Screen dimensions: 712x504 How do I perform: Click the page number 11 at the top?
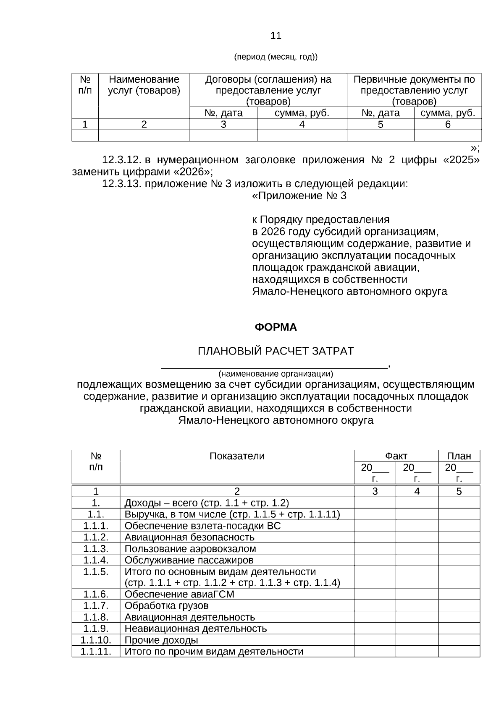coord(276,36)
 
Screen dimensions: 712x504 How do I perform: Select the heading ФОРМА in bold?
coord(276,327)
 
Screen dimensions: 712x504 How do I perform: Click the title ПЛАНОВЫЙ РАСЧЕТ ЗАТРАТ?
coord(276,351)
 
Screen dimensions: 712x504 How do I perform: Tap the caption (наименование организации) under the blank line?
coord(276,373)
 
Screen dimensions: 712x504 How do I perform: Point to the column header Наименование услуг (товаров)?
coord(144,85)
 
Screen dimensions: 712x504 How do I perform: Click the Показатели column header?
coord(237,456)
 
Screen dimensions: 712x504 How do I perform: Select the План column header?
coord(459,456)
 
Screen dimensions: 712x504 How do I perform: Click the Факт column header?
coord(396,456)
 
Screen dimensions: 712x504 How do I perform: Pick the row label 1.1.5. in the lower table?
coord(96,572)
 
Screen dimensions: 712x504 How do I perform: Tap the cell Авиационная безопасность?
coord(189,537)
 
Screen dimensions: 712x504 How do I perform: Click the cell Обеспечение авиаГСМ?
coord(179,594)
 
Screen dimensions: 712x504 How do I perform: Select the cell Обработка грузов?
coord(166,605)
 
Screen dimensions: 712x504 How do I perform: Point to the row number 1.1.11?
coord(96,651)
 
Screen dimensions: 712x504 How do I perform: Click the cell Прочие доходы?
coord(161,640)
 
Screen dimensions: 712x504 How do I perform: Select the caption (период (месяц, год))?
coord(276,57)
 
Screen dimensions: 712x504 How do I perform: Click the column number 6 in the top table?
coord(448,124)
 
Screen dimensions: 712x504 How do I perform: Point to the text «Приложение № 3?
coord(299,196)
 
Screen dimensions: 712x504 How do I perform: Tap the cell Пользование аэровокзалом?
coord(190,549)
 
